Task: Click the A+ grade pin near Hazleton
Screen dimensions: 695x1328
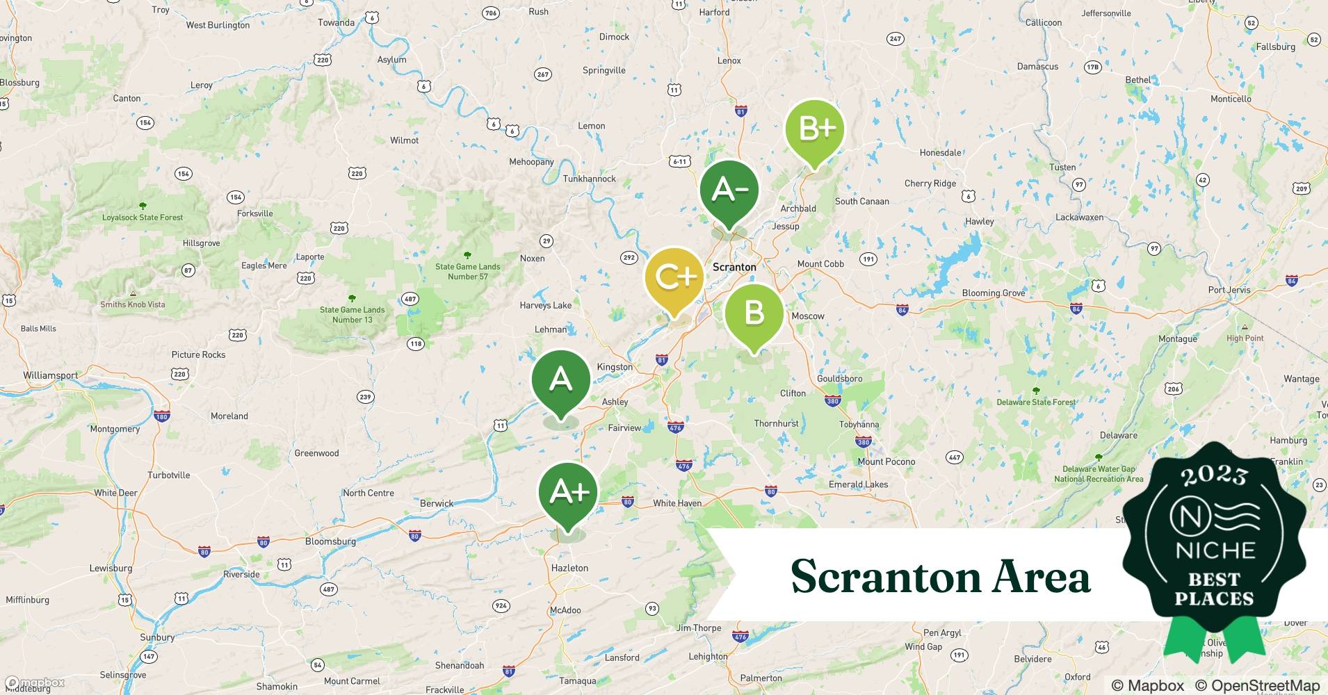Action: click(x=568, y=492)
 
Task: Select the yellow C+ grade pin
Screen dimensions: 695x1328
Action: click(x=674, y=277)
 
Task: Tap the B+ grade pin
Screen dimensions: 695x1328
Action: click(x=814, y=129)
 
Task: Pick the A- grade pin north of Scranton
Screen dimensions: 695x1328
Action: click(x=729, y=190)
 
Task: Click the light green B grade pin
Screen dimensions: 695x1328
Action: click(x=754, y=313)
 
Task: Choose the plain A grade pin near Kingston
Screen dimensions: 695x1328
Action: click(x=560, y=379)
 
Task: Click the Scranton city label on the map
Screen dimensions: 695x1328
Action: click(x=734, y=267)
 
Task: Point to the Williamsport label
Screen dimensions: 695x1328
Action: click(x=50, y=375)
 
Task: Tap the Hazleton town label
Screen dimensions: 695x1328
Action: click(x=569, y=568)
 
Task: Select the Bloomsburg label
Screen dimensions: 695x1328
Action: click(x=330, y=541)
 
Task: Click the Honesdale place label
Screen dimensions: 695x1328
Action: click(x=940, y=153)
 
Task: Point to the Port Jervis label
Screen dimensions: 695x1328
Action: click(x=1229, y=290)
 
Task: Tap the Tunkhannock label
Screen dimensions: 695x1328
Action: click(x=589, y=179)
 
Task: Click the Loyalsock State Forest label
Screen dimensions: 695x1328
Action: click(x=143, y=218)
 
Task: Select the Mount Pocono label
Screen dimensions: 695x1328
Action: click(x=886, y=461)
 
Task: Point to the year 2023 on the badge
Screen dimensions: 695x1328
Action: click(x=1214, y=475)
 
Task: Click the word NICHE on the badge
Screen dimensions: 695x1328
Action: click(x=1215, y=551)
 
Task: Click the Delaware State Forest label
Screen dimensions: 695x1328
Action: click(x=1036, y=402)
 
